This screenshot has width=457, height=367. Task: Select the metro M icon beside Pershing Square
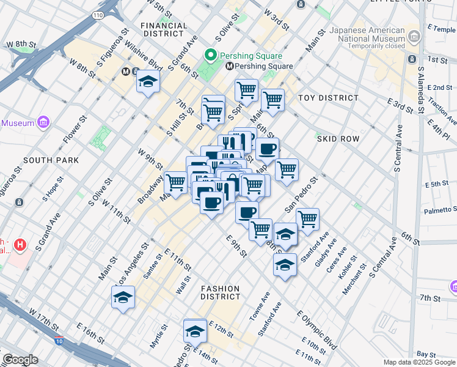coord(230,66)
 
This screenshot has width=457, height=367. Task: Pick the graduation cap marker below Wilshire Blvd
coord(148,82)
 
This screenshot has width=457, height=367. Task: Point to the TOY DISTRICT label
coord(328,98)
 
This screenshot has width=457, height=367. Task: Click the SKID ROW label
coord(338,139)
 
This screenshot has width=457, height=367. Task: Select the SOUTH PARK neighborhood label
coord(51,160)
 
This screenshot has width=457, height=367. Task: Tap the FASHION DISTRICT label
coord(220,292)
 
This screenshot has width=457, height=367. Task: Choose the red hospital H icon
coord(21,245)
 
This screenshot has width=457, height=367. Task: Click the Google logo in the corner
coord(20,360)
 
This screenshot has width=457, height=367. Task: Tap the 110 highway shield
coord(98,14)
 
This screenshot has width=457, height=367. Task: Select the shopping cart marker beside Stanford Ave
coord(307,218)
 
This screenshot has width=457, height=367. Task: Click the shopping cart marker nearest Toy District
coord(272,100)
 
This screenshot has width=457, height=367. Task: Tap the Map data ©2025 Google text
coord(419,362)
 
